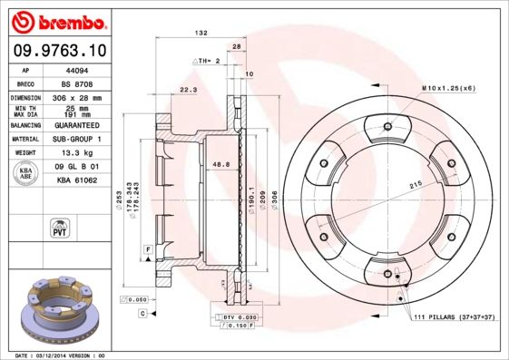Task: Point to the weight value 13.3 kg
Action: click(76, 154)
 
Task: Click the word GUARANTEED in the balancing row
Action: click(77, 125)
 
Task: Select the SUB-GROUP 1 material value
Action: click(77, 140)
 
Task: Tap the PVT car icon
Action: click(60, 227)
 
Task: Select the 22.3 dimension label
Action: click(189, 91)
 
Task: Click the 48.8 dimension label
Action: click(219, 164)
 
